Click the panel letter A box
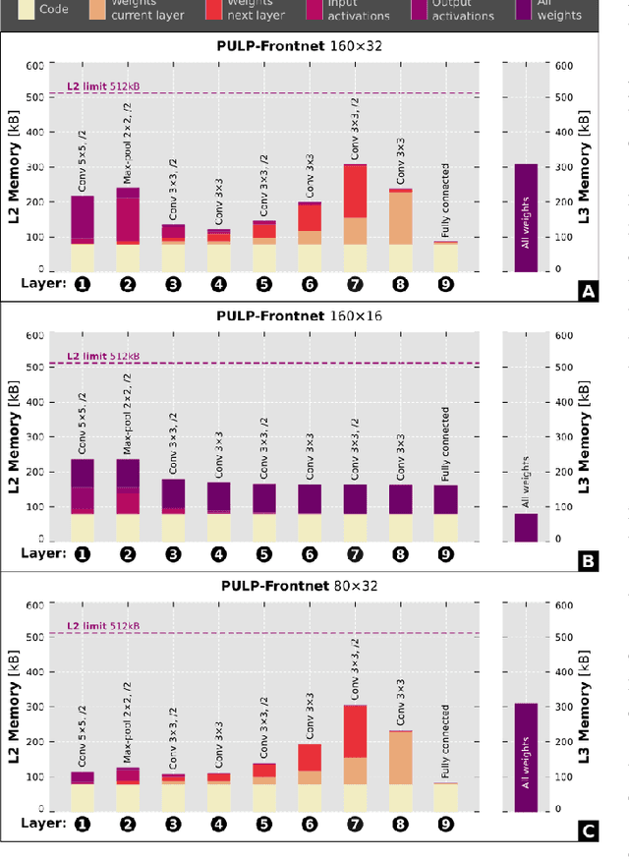[x=589, y=291]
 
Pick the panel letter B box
[x=589, y=562]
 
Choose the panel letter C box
[x=589, y=832]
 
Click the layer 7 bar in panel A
[x=355, y=216]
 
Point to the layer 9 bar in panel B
[x=445, y=512]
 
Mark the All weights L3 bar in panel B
[x=526, y=526]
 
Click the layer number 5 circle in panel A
[x=263, y=284]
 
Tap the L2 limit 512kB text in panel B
[x=103, y=357]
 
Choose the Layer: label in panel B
[x=44, y=554]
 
